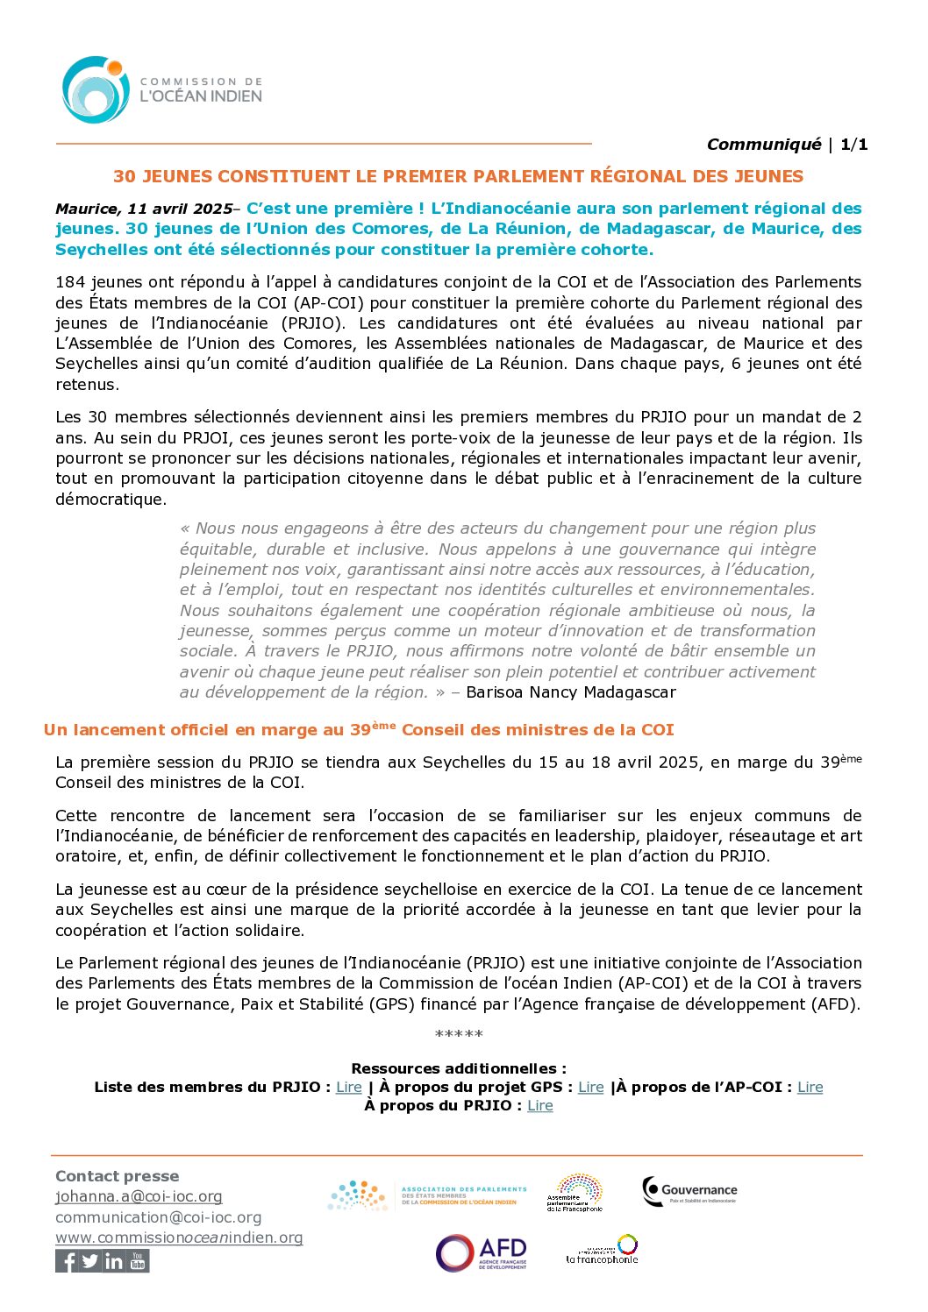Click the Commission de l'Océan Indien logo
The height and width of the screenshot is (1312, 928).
point(161,89)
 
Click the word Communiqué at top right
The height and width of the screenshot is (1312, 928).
point(763,145)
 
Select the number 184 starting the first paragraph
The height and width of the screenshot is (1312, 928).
point(70,282)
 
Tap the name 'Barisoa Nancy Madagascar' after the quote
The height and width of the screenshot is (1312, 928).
point(571,692)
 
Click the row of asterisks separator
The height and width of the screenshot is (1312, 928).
point(459,1035)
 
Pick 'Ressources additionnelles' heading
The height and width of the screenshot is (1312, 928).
point(459,1068)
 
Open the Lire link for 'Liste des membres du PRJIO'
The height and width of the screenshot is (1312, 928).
point(349,1087)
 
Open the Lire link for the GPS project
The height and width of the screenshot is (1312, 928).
point(591,1087)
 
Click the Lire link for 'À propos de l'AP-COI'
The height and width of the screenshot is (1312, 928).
point(810,1087)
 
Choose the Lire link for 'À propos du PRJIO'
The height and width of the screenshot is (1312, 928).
point(540,1105)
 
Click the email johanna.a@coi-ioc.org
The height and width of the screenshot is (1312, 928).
point(139,1196)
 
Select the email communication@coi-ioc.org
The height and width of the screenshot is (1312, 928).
point(158,1217)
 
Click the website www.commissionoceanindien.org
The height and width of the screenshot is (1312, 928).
point(179,1238)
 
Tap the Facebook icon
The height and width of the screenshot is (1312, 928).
point(67,1261)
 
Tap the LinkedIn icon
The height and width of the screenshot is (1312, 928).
point(114,1261)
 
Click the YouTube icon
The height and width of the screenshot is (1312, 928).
point(138,1261)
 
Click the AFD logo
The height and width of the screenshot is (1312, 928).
point(482,1253)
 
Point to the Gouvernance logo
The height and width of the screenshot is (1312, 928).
point(689,1191)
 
